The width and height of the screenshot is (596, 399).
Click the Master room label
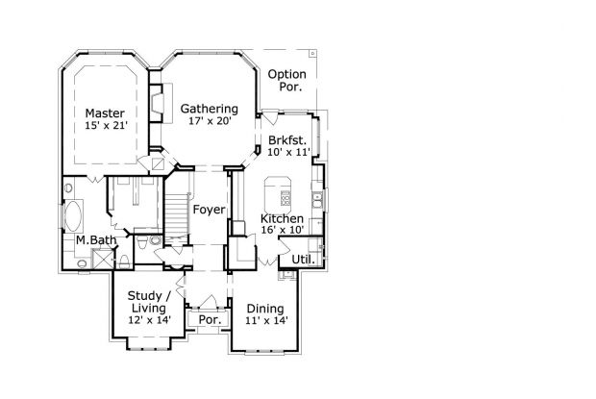105,113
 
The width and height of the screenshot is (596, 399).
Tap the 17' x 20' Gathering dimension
211,121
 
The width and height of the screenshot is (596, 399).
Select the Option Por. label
287,80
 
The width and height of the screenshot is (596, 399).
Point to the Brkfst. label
287,140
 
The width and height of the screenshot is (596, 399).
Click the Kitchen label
282,218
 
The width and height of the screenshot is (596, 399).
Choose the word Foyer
209,210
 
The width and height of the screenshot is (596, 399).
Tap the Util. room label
303,260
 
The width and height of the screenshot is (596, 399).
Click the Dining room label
265,309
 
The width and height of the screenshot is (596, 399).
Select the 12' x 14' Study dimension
149,320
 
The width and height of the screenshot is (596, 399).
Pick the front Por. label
211,320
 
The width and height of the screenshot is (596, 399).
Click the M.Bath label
96,240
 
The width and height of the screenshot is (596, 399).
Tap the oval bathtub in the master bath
73,216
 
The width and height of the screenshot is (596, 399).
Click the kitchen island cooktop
286,198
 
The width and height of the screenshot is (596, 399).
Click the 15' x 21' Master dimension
106,125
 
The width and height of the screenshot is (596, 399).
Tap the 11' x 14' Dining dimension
266,320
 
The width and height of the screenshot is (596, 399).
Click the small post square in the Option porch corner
312,54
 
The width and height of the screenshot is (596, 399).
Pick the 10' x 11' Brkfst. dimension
289,152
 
